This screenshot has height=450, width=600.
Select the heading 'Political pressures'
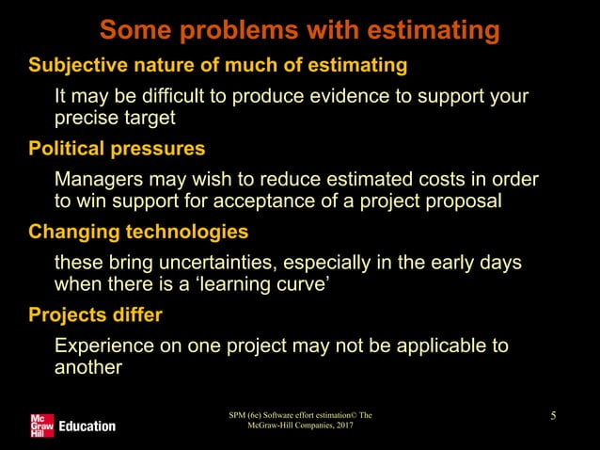coord(118,149)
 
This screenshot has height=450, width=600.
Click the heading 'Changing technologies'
coord(138,232)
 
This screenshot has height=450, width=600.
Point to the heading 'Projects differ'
coord(96,314)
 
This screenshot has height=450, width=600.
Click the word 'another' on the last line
coord(88,367)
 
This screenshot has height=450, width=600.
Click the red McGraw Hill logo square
coord(42,426)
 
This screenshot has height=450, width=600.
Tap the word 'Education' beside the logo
coord(87,426)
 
